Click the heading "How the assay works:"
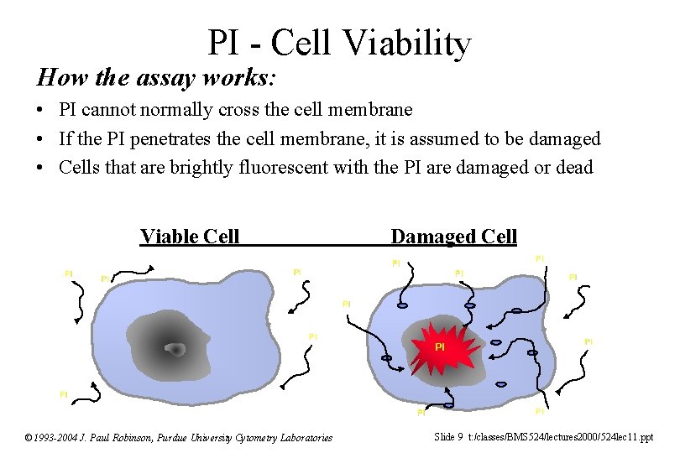pos(156,78)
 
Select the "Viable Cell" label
pos(190,237)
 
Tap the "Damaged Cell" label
pos(454,237)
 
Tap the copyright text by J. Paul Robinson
pos(179,437)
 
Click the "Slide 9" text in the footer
pos(448,436)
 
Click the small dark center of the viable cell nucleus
pos(175,349)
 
